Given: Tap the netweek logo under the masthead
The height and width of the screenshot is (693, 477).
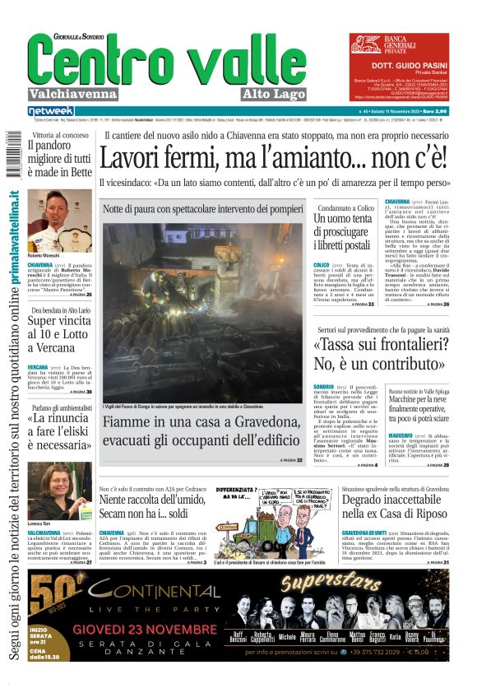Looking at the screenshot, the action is [x=51, y=111].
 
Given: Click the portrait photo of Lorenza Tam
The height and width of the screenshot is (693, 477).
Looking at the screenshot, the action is [x=59, y=490].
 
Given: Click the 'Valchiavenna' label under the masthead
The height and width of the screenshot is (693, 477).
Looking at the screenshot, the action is [x=72, y=94].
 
